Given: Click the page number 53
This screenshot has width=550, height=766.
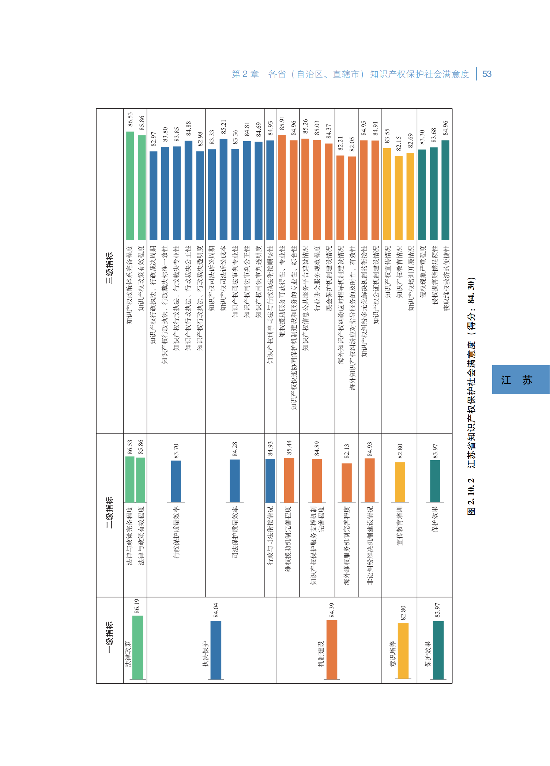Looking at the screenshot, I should pyautogui.click(x=487, y=74).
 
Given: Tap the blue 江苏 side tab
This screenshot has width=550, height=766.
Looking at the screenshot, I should pyautogui.click(x=520, y=379).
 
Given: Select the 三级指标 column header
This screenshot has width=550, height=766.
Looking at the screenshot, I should pyautogui.click(x=109, y=268).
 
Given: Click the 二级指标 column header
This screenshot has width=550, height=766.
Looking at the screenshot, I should pyautogui.click(x=109, y=512).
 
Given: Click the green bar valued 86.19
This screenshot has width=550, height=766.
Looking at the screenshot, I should pyautogui.click(x=137, y=647).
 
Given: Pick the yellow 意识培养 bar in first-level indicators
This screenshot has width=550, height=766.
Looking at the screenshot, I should pyautogui.click(x=403, y=651).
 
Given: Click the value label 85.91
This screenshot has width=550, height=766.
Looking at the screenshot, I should pyautogui.click(x=282, y=123).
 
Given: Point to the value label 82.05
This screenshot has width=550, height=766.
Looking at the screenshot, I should pyautogui.click(x=352, y=144).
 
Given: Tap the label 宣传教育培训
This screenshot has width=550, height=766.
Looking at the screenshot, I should pyautogui.click(x=400, y=526).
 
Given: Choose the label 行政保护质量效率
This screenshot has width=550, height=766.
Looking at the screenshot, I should pyautogui.click(x=176, y=532).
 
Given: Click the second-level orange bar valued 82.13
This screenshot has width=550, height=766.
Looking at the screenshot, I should pyautogui.click(x=347, y=482).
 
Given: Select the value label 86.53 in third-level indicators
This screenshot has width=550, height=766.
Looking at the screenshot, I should pyautogui.click(x=130, y=120).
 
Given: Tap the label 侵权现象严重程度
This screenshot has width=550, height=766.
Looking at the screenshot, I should pyautogui.click(x=423, y=272).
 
